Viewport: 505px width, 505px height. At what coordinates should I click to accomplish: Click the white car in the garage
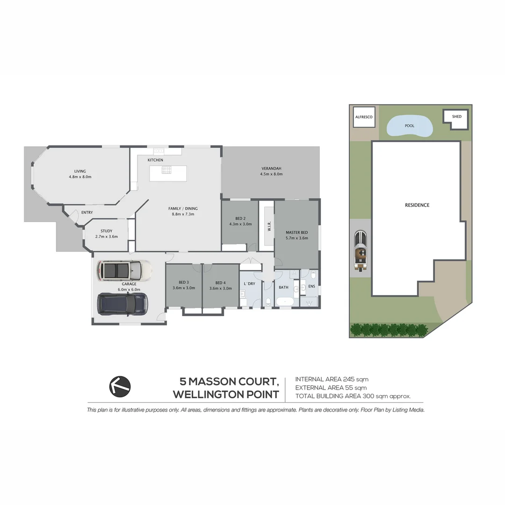point(124,270)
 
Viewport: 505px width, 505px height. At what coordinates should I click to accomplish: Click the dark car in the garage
point(123,303)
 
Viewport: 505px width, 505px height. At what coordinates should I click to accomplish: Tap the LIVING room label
point(80,171)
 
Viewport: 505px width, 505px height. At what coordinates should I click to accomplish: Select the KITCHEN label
point(155,160)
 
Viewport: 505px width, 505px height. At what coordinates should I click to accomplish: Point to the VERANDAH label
point(271,168)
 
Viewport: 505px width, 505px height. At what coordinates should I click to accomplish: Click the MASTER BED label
point(297,232)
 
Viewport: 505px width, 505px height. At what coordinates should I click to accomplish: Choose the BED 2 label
point(240,218)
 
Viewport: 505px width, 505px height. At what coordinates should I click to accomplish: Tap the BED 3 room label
point(183,282)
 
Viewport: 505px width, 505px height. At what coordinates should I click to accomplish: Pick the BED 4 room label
point(220,282)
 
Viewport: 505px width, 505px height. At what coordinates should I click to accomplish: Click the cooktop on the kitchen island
point(167,170)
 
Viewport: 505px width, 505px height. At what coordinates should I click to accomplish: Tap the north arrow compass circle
point(120,386)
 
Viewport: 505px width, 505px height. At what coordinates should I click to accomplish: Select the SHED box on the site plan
point(456,117)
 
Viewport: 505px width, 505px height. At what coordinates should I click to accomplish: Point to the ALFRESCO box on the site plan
point(364,117)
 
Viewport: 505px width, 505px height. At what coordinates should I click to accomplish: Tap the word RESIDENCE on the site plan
point(417,205)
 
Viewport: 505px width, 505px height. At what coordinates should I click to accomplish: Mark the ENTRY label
point(87,213)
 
